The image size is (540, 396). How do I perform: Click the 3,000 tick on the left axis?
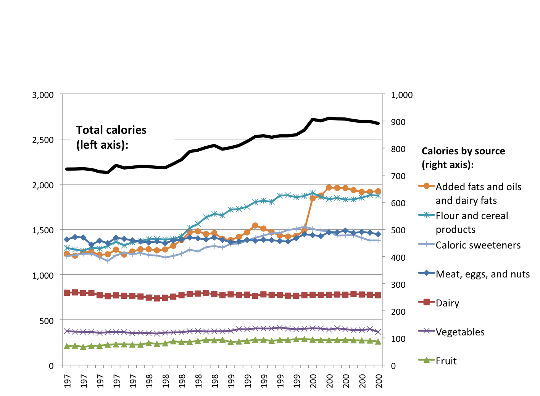(43, 95)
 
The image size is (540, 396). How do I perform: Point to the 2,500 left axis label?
(43, 140)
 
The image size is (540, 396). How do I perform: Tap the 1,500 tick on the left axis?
(43, 230)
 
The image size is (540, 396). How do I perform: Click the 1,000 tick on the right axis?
(401, 95)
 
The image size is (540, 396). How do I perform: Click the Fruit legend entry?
(446, 361)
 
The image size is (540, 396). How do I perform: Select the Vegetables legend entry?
(460, 332)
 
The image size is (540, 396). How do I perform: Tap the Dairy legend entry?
(447, 303)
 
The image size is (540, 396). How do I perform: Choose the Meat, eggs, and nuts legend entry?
(482, 274)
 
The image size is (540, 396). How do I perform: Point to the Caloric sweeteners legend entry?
(478, 245)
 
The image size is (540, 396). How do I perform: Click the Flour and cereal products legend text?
(472, 223)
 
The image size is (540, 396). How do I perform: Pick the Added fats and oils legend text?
(478, 194)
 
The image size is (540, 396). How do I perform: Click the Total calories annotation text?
(111, 137)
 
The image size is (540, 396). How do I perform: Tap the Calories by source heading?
(463, 158)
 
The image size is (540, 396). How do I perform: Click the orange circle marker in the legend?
(427, 186)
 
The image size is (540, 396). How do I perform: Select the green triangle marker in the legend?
(427, 359)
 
